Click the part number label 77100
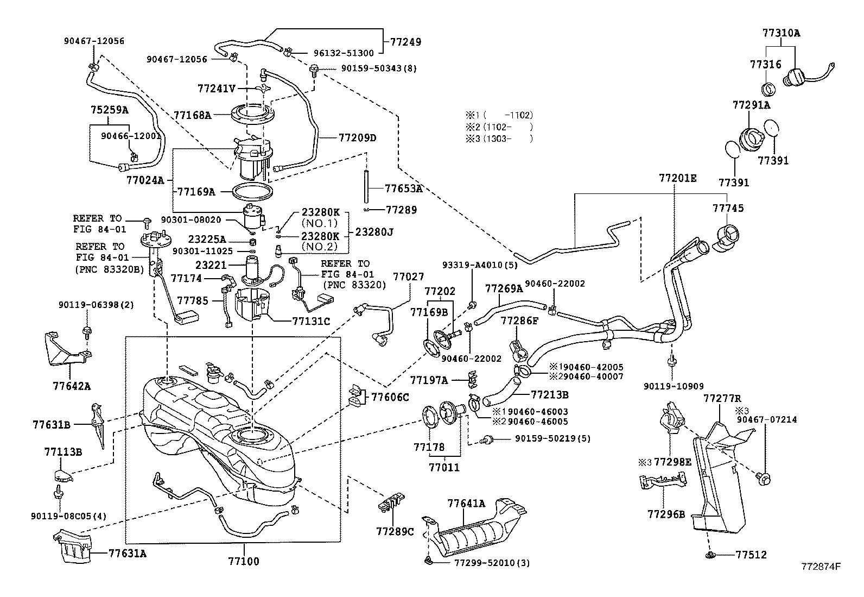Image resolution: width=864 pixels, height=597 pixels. point(244,561)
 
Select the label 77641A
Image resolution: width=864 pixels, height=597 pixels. point(466,504)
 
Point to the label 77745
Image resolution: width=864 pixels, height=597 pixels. point(728,209)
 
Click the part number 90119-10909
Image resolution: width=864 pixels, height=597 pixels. point(674,386)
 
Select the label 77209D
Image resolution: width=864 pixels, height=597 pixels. point(357,138)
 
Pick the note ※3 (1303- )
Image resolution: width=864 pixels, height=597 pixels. point(499,139)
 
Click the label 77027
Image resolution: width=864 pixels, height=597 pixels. point(408,276)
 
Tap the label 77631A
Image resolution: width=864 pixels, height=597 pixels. point(127,554)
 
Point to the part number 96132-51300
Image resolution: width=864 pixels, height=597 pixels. point(344,53)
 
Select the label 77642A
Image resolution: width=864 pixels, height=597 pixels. point(72,386)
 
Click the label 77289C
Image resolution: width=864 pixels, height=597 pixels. point(395,531)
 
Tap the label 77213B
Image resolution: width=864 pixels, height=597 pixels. point(549,394)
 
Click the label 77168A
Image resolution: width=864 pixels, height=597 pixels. point(193,115)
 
